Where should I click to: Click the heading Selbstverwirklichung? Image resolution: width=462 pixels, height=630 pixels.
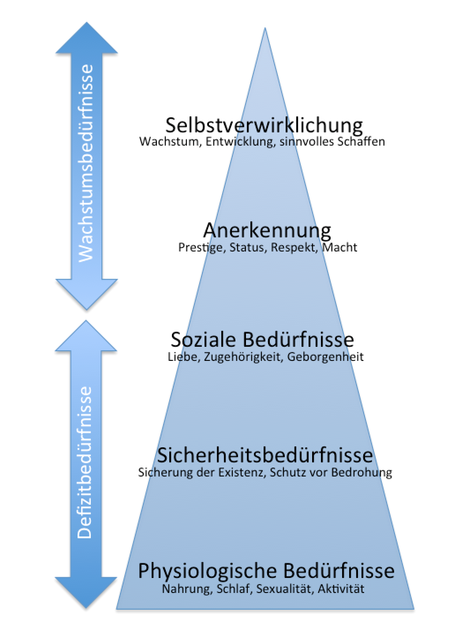[264, 126]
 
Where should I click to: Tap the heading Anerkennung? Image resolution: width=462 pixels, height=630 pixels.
[267, 231]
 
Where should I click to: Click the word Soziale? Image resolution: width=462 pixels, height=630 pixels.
[203, 339]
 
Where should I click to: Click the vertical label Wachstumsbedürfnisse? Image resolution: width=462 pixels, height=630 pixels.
[86, 163]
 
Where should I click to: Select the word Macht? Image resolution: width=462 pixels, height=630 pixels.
[339, 247]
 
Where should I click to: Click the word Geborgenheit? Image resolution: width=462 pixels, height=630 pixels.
[325, 357]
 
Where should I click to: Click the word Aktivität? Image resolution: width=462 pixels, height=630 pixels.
[341, 589]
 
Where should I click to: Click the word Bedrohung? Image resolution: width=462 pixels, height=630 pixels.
[361, 472]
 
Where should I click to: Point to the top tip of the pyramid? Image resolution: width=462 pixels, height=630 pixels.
[265, 28]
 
